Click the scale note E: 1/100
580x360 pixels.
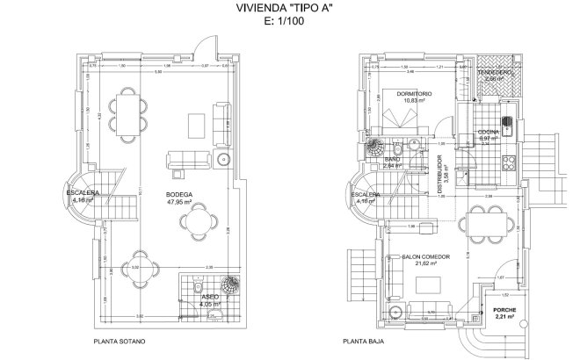click(x=291, y=26)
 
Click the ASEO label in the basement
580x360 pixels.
click(x=211, y=298)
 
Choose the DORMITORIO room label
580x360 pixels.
click(x=413, y=92)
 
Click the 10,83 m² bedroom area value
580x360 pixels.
click(x=413, y=100)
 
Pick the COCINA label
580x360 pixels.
click(x=489, y=131)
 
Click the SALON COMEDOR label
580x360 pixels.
click(x=426, y=257)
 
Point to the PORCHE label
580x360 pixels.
click(x=504, y=312)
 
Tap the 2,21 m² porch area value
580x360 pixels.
click(x=504, y=320)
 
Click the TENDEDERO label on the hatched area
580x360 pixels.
click(x=497, y=72)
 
